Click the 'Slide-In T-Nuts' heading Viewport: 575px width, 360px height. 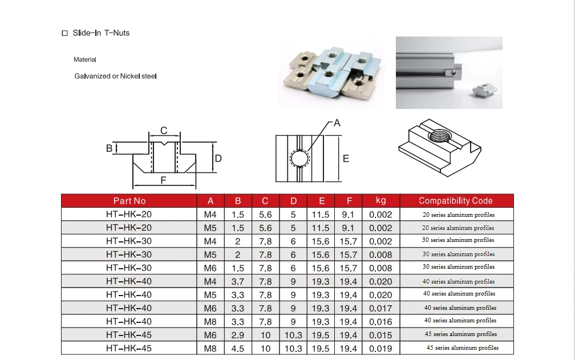pyautogui.click(x=101, y=33)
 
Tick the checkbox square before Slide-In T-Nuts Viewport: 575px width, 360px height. pyautogui.click(x=64, y=34)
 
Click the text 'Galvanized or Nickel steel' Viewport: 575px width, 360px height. pyautogui.click(x=115, y=76)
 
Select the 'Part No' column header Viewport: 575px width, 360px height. pyautogui.click(x=129, y=201)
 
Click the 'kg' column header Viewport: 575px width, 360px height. pyautogui.click(x=380, y=200)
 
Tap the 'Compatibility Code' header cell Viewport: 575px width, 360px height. pyautogui.click(x=455, y=201)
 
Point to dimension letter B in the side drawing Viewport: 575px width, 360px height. pyautogui.click(x=109, y=148)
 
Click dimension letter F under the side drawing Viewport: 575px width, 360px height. pyautogui.click(x=163, y=180)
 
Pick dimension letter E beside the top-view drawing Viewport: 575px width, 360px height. pyautogui.click(x=346, y=159)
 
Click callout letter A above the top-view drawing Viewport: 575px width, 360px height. pyautogui.click(x=337, y=123)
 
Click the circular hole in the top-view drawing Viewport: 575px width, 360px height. pyautogui.click(x=299, y=157)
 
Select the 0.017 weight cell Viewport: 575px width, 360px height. pyautogui.click(x=380, y=308)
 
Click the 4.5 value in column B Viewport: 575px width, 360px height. pyautogui.click(x=237, y=348)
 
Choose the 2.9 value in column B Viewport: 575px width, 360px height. pyautogui.click(x=237, y=335)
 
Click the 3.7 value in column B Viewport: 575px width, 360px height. pyautogui.click(x=237, y=282)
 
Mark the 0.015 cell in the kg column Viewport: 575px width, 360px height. pyautogui.click(x=380, y=335)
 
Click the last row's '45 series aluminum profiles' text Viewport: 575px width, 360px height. pyautogui.click(x=462, y=347)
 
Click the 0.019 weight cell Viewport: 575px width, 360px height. pyautogui.click(x=380, y=348)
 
